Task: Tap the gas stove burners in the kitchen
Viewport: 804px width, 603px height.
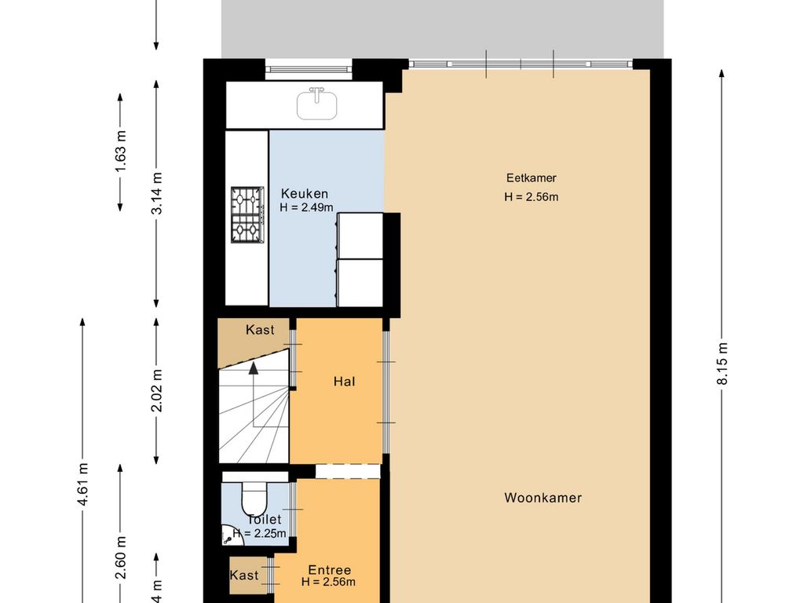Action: coord(247,214)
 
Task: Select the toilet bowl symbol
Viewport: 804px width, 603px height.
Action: coord(255,498)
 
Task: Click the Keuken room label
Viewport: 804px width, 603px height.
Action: coord(305,194)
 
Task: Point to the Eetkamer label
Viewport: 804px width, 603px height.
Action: coord(531,178)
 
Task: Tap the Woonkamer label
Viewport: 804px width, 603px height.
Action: coord(543,498)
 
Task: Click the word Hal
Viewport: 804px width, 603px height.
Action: coord(344,382)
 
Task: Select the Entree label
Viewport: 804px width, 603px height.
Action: coord(329,570)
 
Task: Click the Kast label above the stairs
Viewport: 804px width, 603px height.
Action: coord(260,330)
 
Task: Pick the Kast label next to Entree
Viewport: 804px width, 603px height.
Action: coord(244,576)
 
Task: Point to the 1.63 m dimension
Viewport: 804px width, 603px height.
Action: coord(120,152)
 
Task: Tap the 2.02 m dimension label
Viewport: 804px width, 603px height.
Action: coord(157,390)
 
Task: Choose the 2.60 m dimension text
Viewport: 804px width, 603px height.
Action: coord(120,558)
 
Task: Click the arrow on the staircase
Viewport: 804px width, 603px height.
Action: coord(254,369)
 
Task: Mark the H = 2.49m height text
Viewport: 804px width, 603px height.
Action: coord(306,208)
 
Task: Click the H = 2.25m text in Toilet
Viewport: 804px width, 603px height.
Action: coord(258,533)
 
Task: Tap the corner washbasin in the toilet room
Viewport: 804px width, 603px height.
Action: coord(228,536)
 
